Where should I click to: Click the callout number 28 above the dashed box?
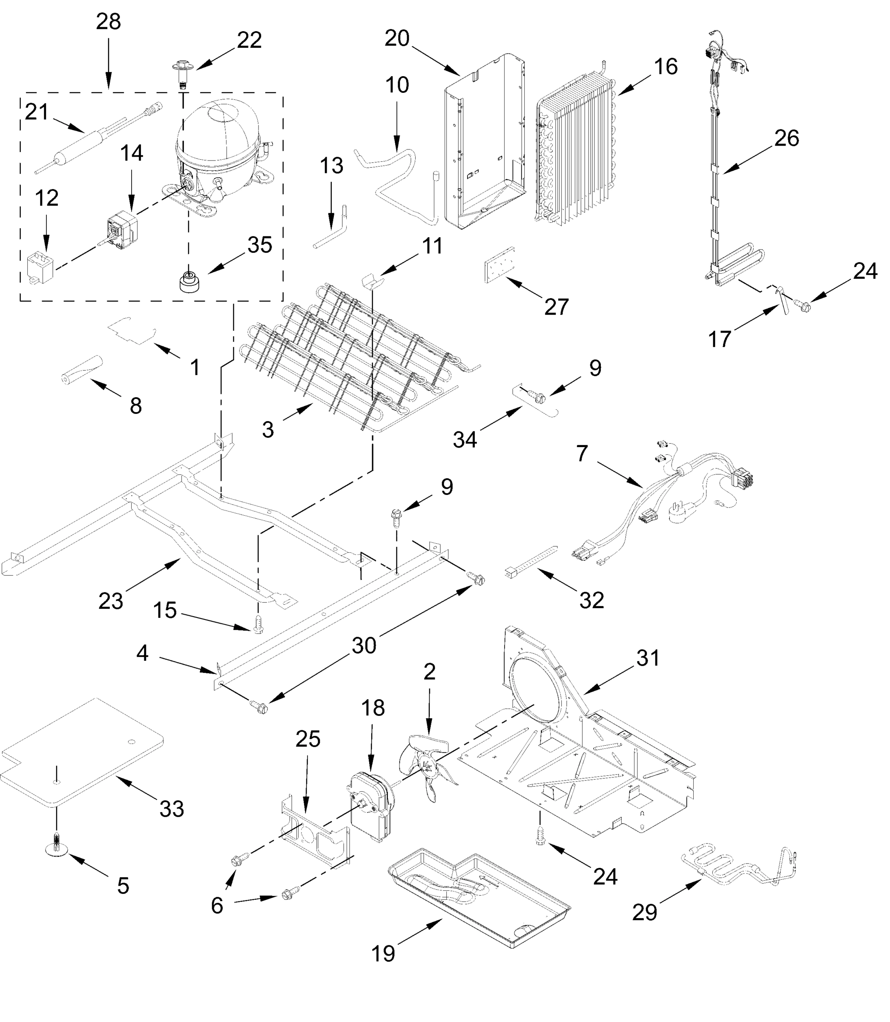click(108, 22)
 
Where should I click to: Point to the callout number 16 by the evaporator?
click(666, 66)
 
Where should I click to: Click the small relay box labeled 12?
click(41, 269)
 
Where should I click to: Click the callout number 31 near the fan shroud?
click(648, 658)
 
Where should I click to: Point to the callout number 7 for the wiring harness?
click(582, 454)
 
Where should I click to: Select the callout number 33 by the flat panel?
click(171, 809)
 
